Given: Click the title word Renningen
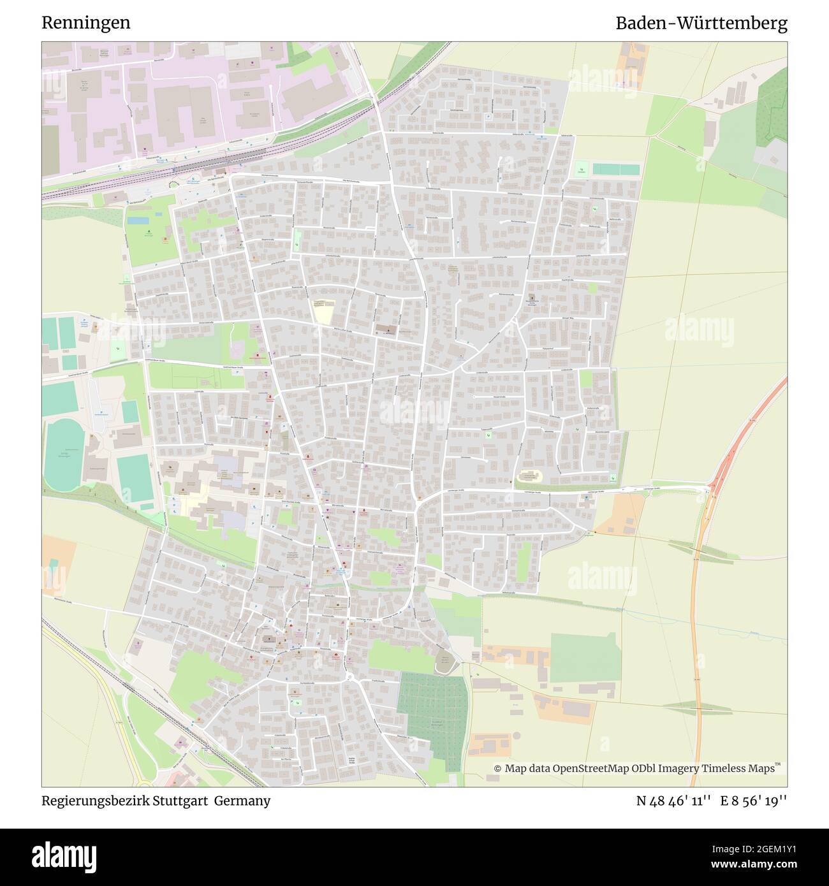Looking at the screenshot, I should click(x=86, y=23).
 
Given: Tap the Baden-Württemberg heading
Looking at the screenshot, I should click(x=701, y=24).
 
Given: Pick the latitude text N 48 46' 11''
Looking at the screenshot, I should click(x=673, y=801).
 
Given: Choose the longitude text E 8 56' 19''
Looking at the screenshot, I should click(x=754, y=801).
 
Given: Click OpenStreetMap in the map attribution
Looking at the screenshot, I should click(x=579, y=769).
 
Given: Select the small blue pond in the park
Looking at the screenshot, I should click(x=136, y=221).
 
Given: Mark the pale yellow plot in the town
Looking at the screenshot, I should click(x=324, y=312).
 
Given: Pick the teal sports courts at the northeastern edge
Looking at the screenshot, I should click(x=615, y=170).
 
